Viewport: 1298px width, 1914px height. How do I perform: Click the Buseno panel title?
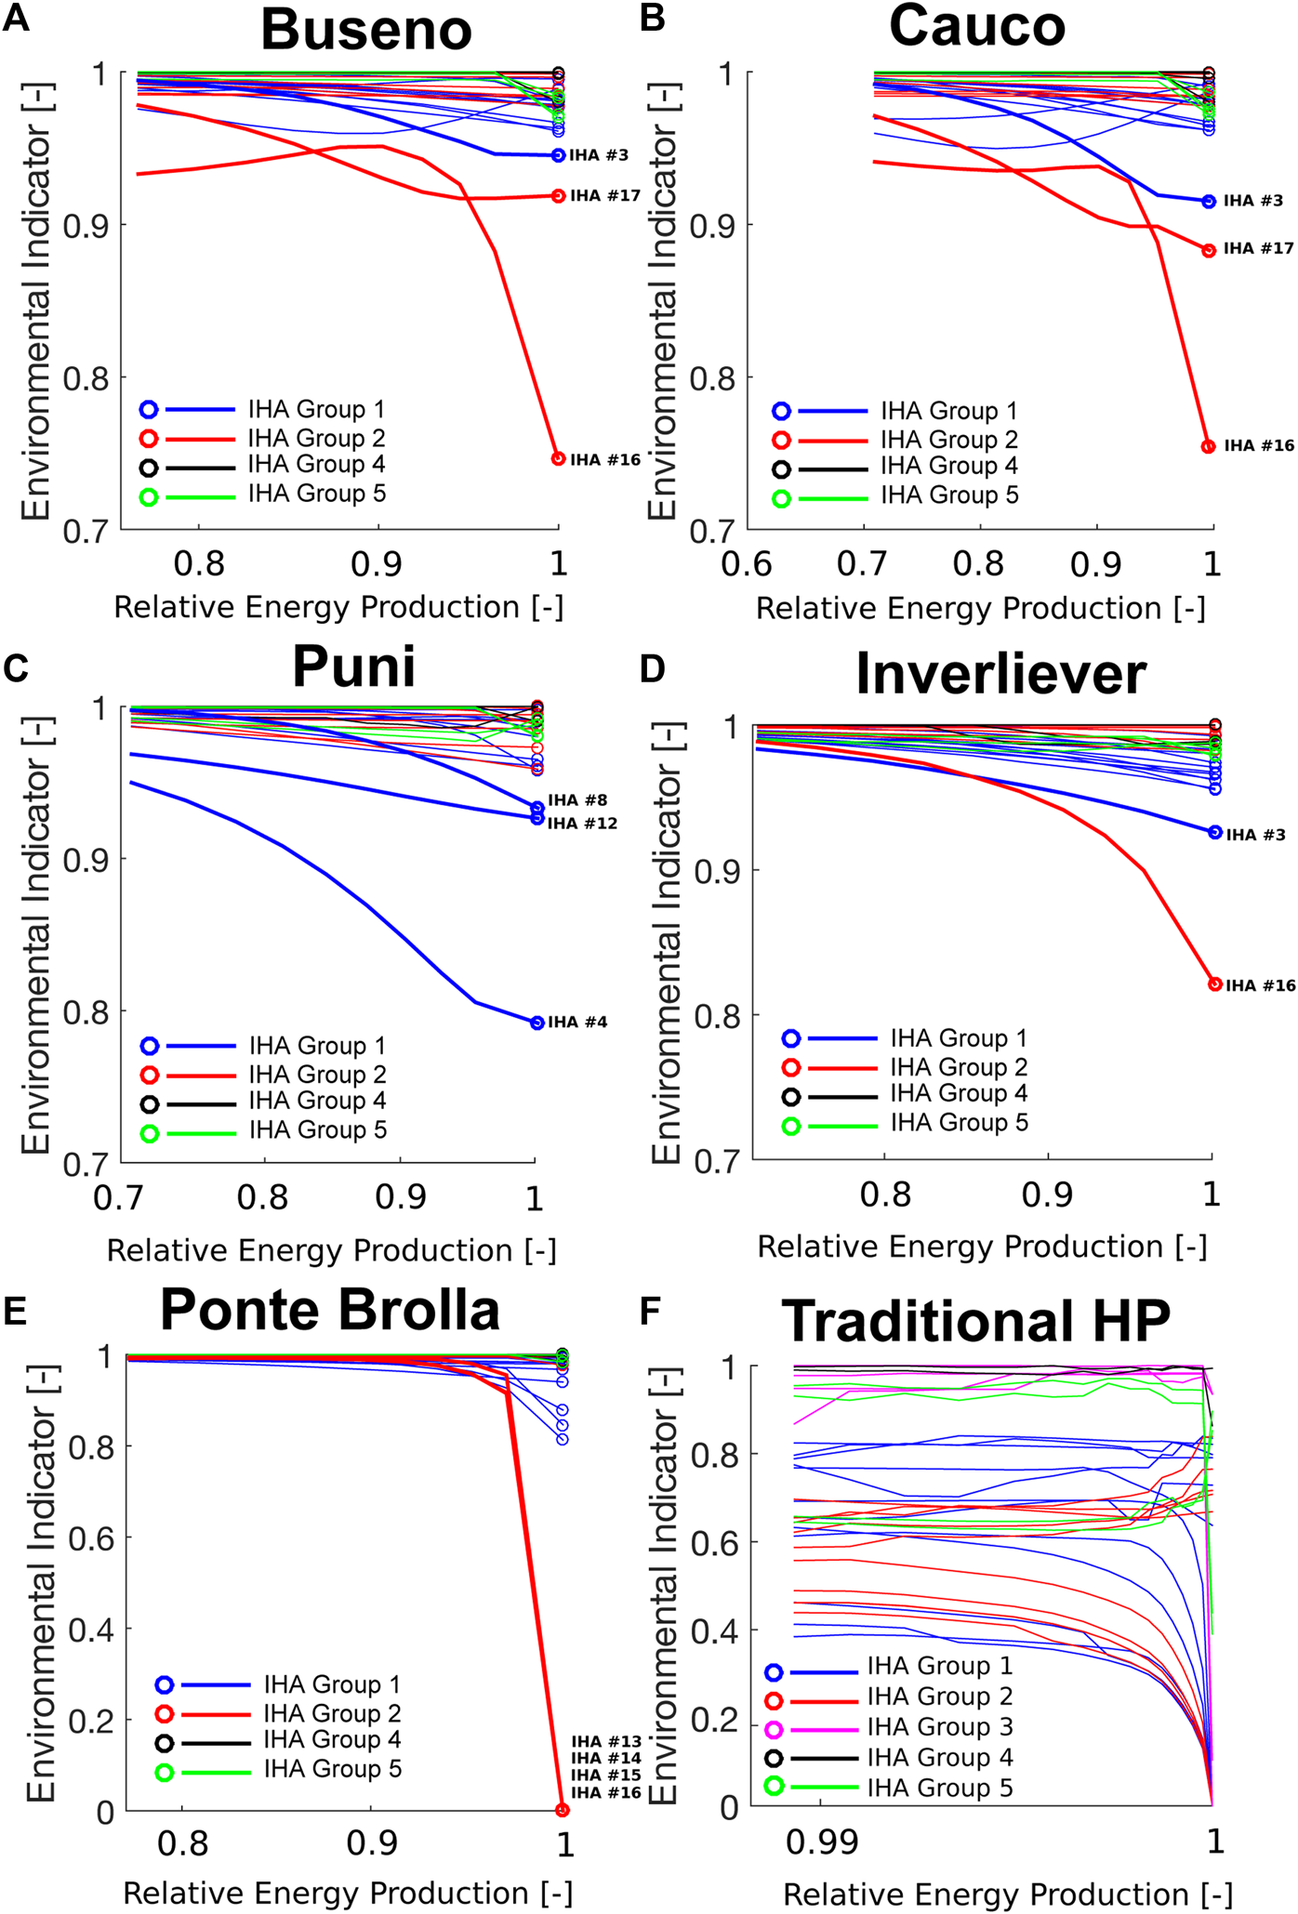[x=366, y=30]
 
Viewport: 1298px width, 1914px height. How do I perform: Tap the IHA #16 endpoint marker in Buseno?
[x=558, y=459]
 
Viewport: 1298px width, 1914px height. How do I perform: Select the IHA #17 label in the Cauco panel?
[x=1258, y=249]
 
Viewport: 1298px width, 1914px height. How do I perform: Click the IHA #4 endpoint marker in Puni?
[x=536, y=1023]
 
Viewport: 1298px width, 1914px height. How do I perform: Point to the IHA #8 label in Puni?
[x=577, y=800]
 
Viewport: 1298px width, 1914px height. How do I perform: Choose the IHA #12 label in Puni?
[x=582, y=824]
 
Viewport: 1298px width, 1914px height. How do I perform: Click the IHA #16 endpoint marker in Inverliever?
[x=1214, y=984]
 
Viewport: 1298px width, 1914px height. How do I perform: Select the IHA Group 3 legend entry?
[x=939, y=1727]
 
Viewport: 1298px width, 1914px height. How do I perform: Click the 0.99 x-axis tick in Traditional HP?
[x=821, y=1841]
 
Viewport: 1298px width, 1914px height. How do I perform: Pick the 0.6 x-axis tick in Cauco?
[x=747, y=564]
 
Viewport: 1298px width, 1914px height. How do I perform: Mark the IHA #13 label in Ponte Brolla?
[x=606, y=1742]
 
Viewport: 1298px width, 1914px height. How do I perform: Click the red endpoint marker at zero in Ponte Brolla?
[x=562, y=1810]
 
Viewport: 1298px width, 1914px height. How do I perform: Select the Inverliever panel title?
[x=1000, y=674]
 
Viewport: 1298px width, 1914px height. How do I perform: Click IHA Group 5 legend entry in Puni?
[x=317, y=1130]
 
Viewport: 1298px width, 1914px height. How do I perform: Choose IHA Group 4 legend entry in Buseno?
[x=316, y=465]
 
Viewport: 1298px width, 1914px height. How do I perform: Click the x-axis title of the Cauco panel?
[x=980, y=609]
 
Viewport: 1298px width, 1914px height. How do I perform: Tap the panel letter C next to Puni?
[x=16, y=668]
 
